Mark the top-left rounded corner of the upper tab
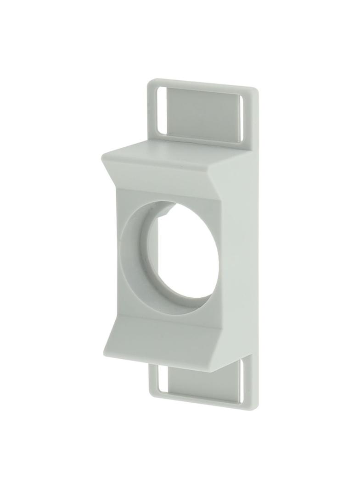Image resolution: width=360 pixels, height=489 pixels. [x=150, y=83]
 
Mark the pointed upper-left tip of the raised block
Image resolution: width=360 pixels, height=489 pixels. [x=102, y=156]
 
